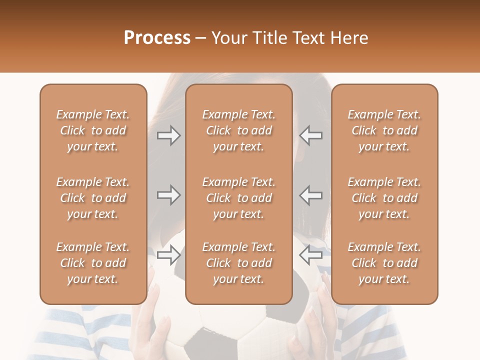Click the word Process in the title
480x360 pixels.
[x=157, y=38]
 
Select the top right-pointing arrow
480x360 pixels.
[x=169, y=135]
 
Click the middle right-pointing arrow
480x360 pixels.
[x=169, y=195]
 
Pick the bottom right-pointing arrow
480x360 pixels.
[x=169, y=255]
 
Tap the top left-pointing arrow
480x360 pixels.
[x=310, y=135]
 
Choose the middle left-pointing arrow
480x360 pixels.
[x=310, y=195]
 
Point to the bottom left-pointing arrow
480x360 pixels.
[x=310, y=255]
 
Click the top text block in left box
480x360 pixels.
[x=93, y=130]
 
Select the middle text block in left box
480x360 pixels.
[x=93, y=198]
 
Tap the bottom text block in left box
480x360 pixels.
[x=93, y=263]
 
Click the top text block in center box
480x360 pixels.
[x=239, y=130]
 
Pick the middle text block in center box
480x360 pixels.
[x=239, y=198]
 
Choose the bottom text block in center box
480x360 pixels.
[x=239, y=263]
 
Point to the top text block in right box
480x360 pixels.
[x=384, y=130]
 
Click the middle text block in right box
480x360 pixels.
[x=384, y=198]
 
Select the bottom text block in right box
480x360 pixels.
[x=384, y=263]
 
